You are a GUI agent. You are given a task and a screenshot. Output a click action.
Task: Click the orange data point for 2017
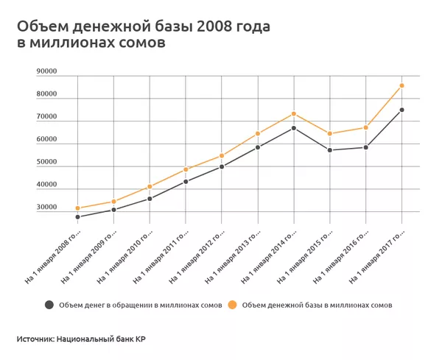point(401,85)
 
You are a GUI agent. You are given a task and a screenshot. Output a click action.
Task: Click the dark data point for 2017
point(401,110)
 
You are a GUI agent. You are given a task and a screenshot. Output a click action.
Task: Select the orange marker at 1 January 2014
point(293,113)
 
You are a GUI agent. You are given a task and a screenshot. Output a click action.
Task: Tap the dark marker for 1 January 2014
point(293,128)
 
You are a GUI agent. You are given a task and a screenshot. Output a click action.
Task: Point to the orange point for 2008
point(77,208)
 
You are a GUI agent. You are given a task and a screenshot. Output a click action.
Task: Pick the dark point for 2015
point(329,150)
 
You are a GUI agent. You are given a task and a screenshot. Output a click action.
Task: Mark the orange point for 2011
point(186,169)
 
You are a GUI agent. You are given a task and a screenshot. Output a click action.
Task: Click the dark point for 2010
point(150,199)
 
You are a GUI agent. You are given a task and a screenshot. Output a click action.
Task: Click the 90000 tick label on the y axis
point(46,71)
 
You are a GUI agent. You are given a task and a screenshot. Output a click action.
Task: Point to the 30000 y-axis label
point(46,208)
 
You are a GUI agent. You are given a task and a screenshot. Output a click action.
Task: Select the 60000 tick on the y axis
point(46,139)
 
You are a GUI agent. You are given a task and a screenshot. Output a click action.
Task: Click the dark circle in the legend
point(49,304)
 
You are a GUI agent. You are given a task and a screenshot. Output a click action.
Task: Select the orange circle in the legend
point(232,304)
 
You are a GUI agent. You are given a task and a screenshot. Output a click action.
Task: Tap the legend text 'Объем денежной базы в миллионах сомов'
point(317,304)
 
